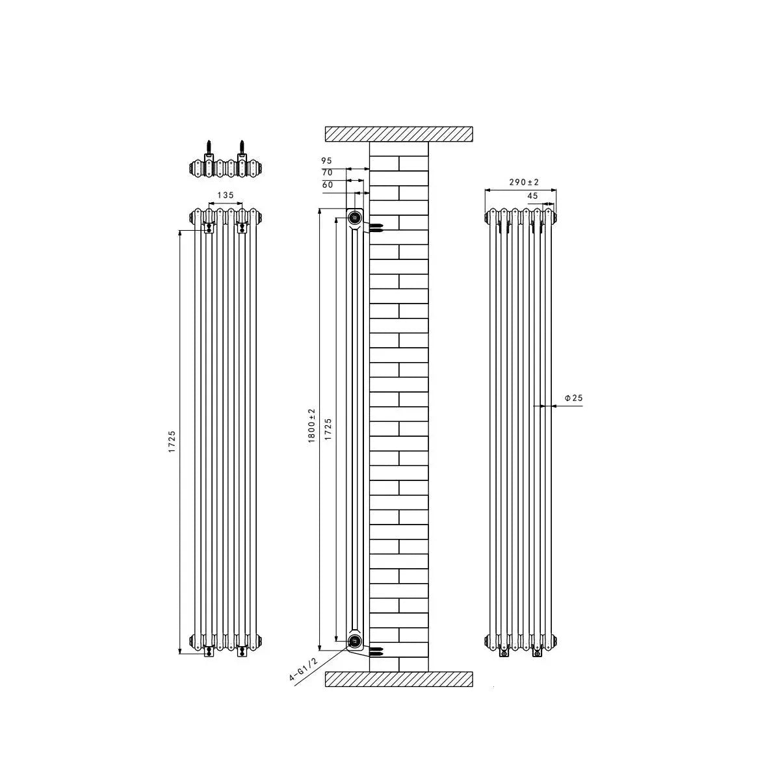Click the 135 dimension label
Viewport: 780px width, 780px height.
pos(225,194)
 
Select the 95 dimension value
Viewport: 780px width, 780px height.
pos(326,161)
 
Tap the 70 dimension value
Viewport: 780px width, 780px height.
pos(327,173)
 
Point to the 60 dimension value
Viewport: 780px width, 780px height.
pos(327,185)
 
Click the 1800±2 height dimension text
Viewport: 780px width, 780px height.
pos(311,426)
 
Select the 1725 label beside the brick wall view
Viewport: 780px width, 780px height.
pos(328,430)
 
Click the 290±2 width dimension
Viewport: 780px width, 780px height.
pos(525,183)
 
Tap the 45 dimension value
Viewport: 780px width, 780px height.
pos(532,196)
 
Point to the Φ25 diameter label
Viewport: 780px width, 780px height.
pos(573,398)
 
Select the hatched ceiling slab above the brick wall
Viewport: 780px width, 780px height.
pos(398,134)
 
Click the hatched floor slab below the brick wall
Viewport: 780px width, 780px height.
pos(398,679)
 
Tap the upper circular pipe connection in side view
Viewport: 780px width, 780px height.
pos(355,217)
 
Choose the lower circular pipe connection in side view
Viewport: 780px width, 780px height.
pos(355,642)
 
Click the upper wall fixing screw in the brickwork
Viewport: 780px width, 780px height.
pos(376,227)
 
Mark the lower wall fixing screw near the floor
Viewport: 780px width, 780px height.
pos(378,649)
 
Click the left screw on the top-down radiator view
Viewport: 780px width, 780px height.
pos(209,146)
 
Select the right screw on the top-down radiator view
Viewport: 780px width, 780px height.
pos(242,146)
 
